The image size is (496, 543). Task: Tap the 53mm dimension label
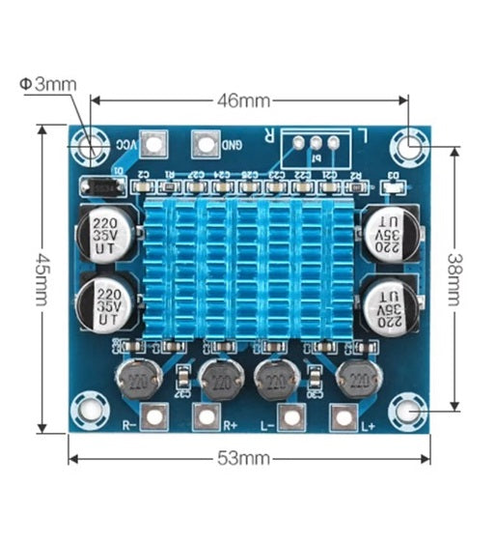pyautogui.click(x=249, y=457)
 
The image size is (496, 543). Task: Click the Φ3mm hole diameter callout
pyautogui.click(x=48, y=84)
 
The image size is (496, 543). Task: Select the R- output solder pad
pyautogui.click(x=152, y=416)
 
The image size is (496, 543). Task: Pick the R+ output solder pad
pyautogui.click(x=206, y=416)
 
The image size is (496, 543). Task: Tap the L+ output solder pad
pyautogui.click(x=342, y=416)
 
